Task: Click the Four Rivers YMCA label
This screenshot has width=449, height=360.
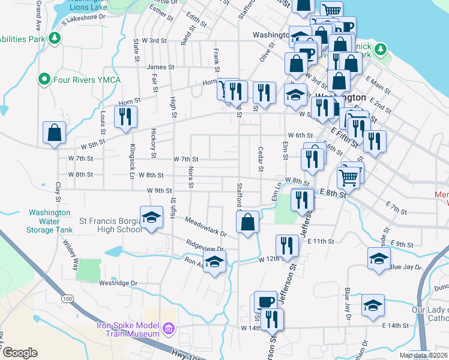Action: (x=86, y=80)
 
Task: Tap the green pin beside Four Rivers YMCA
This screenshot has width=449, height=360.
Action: (x=44, y=79)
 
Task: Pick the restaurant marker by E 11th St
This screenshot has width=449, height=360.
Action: (x=287, y=245)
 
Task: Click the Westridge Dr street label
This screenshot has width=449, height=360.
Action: (x=118, y=283)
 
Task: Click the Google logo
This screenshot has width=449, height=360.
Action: (x=20, y=353)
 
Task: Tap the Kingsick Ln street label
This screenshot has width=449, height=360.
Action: (x=131, y=161)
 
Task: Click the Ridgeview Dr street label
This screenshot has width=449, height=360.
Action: (x=205, y=247)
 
